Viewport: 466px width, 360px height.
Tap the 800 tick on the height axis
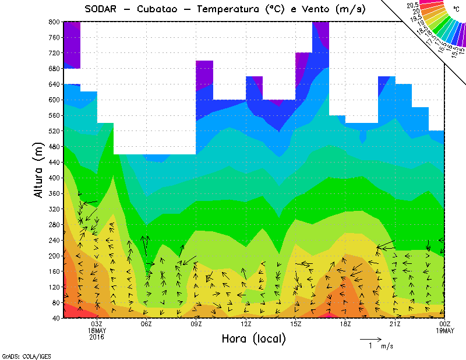click(53, 22)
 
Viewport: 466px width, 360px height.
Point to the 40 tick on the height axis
click(55, 318)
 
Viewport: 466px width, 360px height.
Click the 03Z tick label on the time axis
click(97, 324)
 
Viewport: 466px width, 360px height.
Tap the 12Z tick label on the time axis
click(246, 324)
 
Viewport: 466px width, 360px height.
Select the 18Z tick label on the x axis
click(345, 324)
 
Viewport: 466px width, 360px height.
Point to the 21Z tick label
click(395, 324)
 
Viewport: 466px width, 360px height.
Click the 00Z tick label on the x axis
click(445, 324)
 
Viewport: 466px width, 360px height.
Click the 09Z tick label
click(196, 324)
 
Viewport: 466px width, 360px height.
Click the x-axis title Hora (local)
click(253, 339)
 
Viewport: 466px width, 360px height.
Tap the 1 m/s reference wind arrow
click(370, 338)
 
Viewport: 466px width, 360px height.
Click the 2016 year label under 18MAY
click(97, 337)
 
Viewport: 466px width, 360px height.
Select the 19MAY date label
click(445, 330)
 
